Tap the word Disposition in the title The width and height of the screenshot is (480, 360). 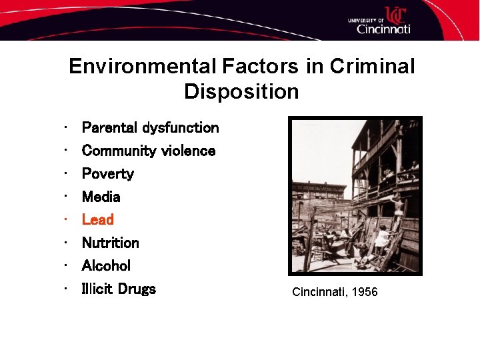coord(241,91)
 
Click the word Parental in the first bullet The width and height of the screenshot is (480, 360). coord(109,127)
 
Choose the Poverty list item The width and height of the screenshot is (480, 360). coord(107,174)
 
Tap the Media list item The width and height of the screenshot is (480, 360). coord(101,197)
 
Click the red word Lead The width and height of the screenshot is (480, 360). coord(97,219)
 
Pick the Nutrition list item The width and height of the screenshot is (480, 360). coord(110,243)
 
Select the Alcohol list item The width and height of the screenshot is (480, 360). coord(106,265)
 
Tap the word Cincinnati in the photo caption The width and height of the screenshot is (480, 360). coord(319,292)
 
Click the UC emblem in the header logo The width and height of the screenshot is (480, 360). coord(395,14)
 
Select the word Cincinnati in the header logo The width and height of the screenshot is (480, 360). coord(383,29)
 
